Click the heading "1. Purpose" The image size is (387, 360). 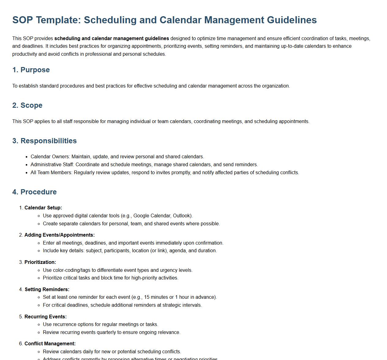31,70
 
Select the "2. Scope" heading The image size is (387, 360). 27,105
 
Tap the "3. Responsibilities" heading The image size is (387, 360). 44,141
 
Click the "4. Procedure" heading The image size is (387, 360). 34,192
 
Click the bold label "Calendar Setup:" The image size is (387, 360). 43,208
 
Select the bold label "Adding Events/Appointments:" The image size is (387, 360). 59,235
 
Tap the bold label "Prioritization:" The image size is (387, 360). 40,262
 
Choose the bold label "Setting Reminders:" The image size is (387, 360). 47,290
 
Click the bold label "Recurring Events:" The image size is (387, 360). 45,317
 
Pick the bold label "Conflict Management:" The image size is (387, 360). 50,344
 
